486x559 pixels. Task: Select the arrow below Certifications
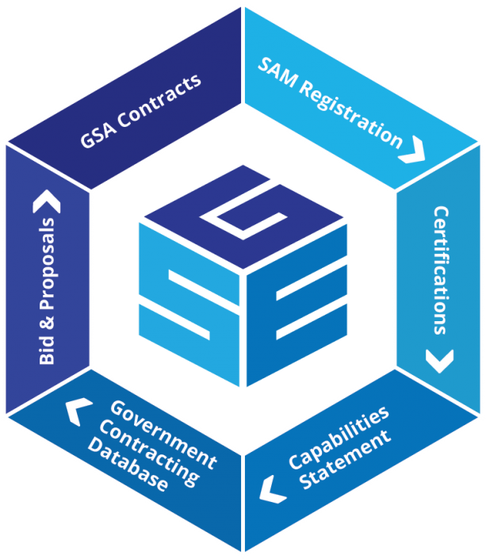[438, 362]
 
